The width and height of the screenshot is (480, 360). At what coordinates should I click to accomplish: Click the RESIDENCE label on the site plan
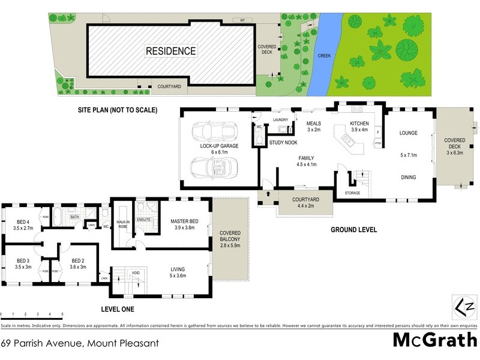[171, 51]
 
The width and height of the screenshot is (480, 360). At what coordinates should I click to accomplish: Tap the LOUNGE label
[408, 133]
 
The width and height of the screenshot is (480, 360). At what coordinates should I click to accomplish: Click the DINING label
[408, 177]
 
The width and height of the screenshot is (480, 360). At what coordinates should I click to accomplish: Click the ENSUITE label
[144, 220]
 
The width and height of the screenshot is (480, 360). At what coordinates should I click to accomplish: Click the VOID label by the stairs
[136, 273]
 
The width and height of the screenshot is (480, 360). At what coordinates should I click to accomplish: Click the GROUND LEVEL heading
[354, 230]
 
